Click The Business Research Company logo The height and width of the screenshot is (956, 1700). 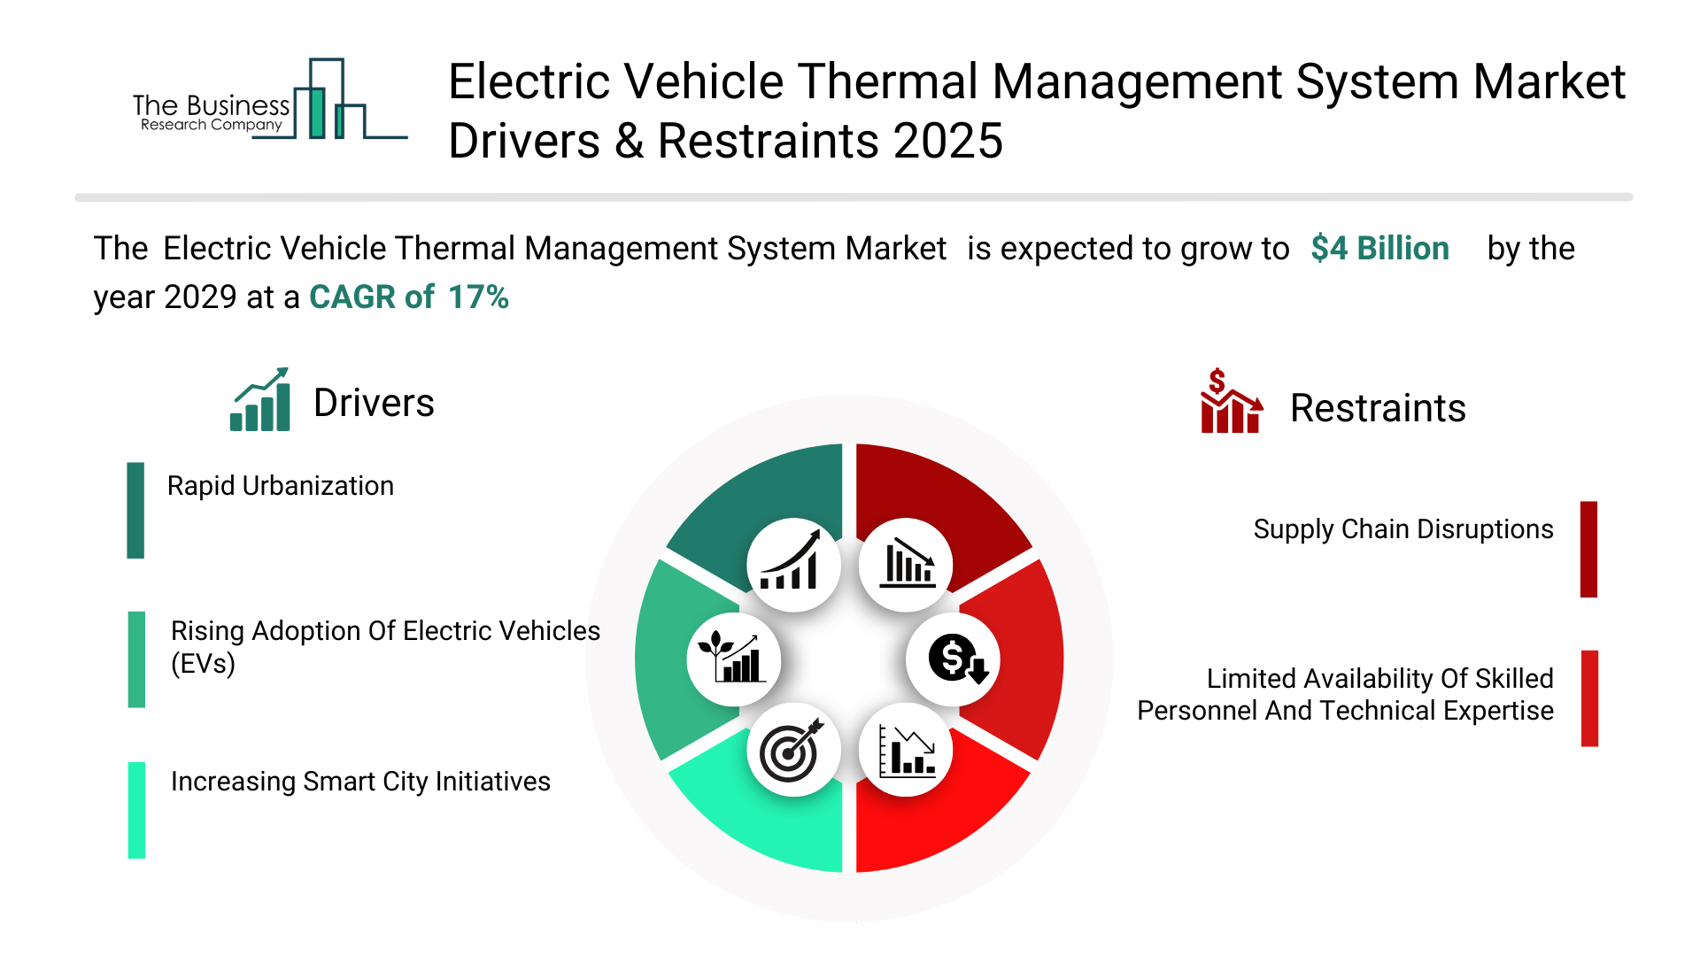pos(266,102)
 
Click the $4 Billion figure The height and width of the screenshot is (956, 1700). pos(1379,249)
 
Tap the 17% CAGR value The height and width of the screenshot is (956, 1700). pos(478,297)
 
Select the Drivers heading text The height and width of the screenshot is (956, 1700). pos(374,403)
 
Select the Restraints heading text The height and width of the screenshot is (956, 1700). pos(1377,408)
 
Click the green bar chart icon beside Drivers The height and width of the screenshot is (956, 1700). pos(260,400)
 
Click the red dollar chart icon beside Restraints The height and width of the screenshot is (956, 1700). pos(1230,402)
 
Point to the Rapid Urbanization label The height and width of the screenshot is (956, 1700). pos(280,486)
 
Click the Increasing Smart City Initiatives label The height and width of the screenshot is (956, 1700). pos(360,782)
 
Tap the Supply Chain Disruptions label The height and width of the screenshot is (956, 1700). pos(1402,529)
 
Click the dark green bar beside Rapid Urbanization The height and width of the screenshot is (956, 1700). pos(135,510)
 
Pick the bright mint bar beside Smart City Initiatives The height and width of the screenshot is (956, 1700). pos(136,810)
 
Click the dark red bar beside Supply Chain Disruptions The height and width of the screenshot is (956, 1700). pos(1588,549)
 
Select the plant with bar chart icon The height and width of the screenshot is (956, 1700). pos(733,659)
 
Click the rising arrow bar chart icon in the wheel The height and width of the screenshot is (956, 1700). pos(792,565)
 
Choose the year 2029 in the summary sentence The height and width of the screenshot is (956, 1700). pos(200,297)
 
